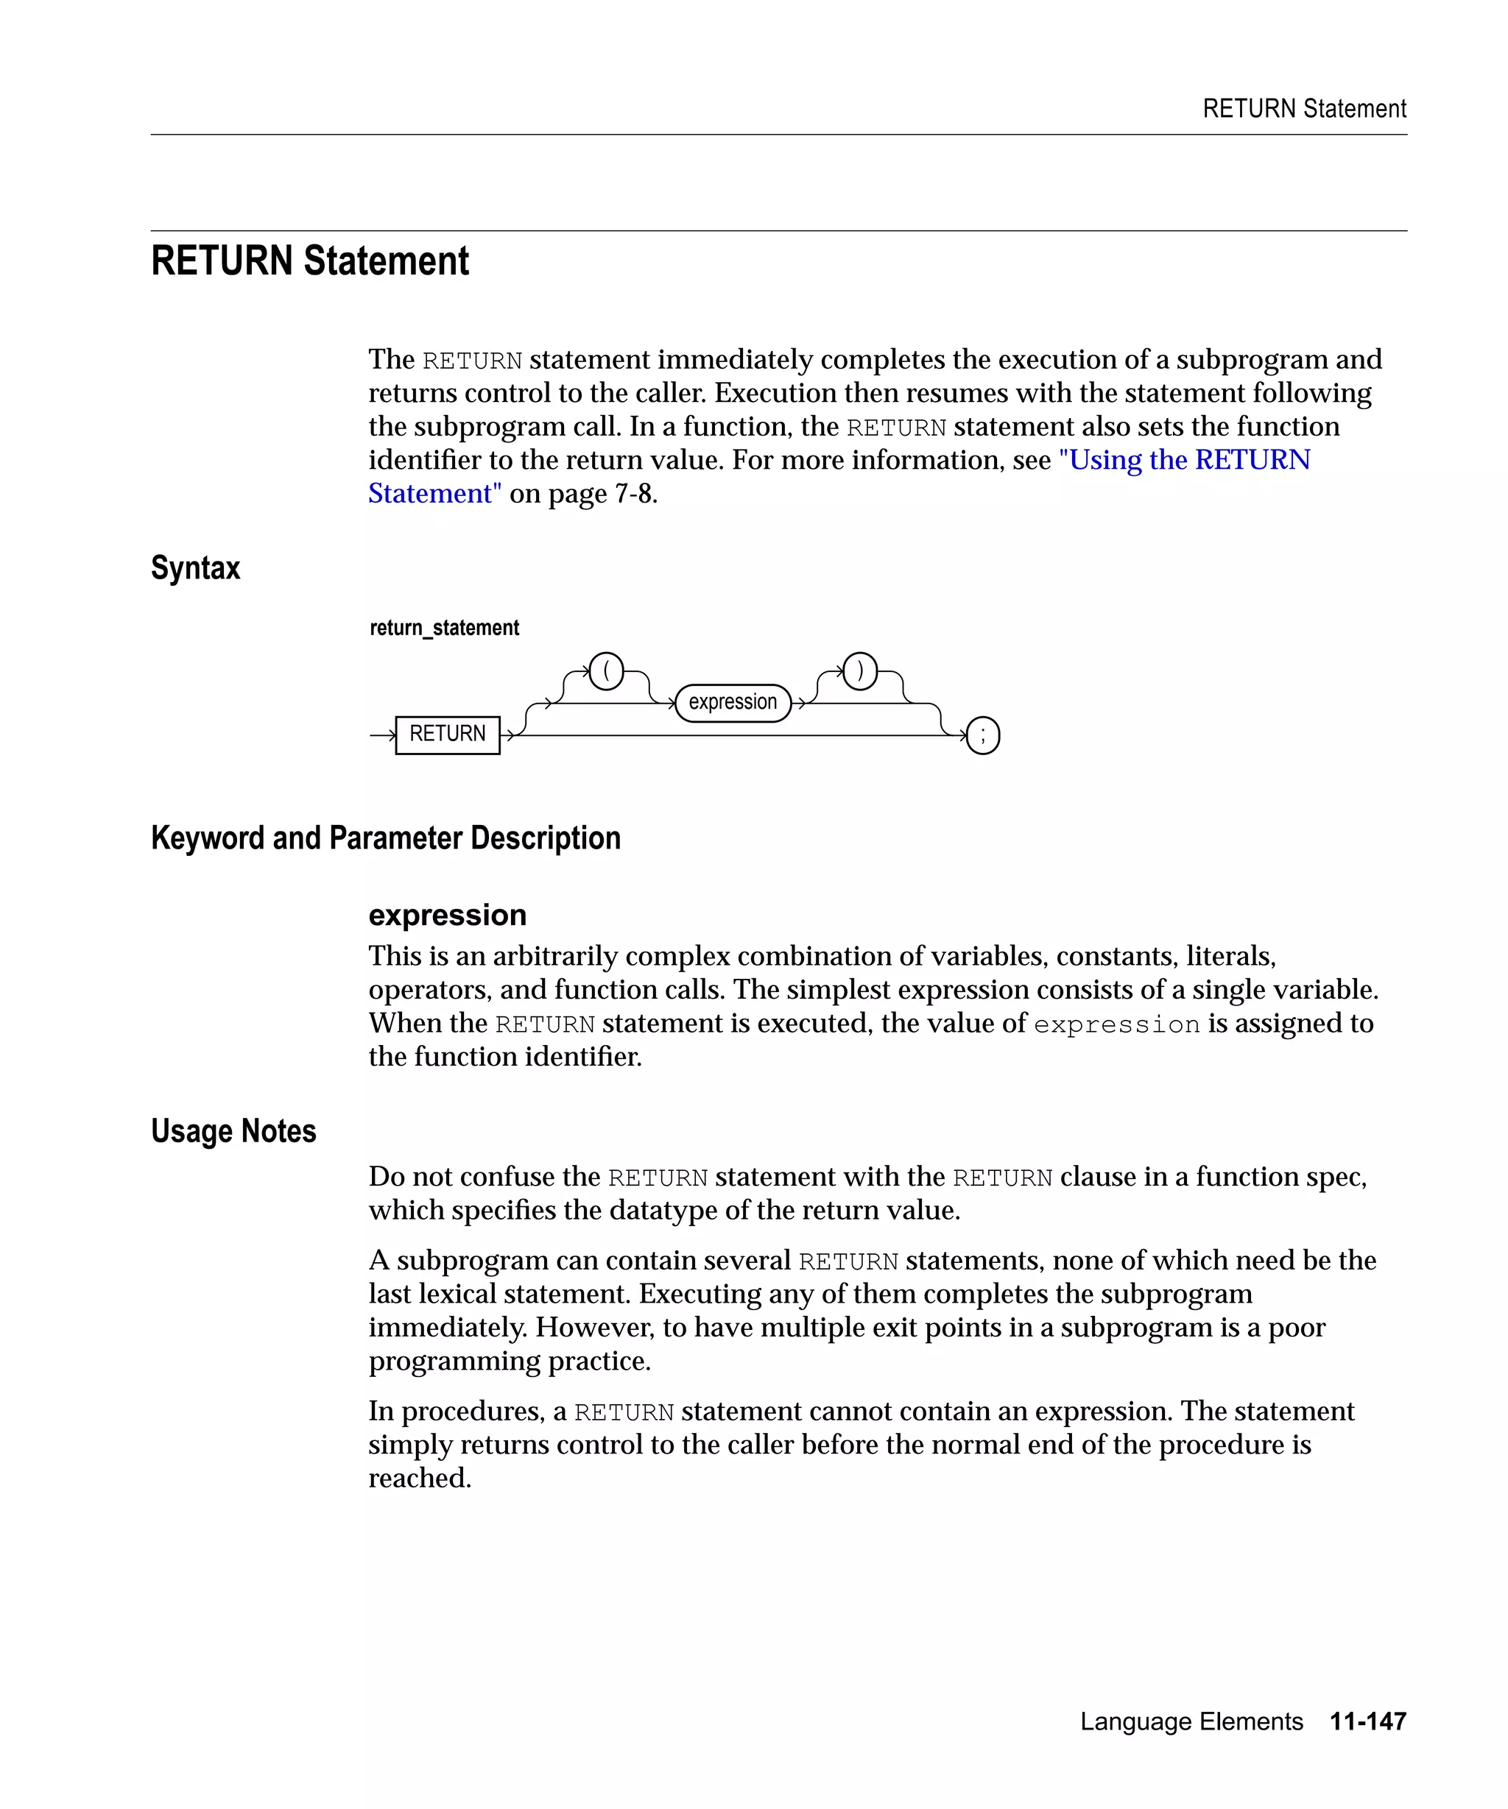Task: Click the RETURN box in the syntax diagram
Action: (x=447, y=734)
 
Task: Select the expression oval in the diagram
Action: (x=733, y=702)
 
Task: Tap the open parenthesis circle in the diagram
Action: (x=606, y=671)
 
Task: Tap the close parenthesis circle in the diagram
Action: (x=859, y=671)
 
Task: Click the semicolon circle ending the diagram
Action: (x=982, y=736)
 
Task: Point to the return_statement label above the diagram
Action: (x=444, y=628)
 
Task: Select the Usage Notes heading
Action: (x=233, y=1131)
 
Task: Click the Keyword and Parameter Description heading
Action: (x=385, y=838)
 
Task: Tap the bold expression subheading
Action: (x=447, y=915)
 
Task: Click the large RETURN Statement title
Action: (x=309, y=261)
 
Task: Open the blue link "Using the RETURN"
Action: (x=1184, y=460)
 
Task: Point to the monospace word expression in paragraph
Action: (x=1116, y=1024)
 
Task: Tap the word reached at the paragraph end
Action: (x=419, y=1479)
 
